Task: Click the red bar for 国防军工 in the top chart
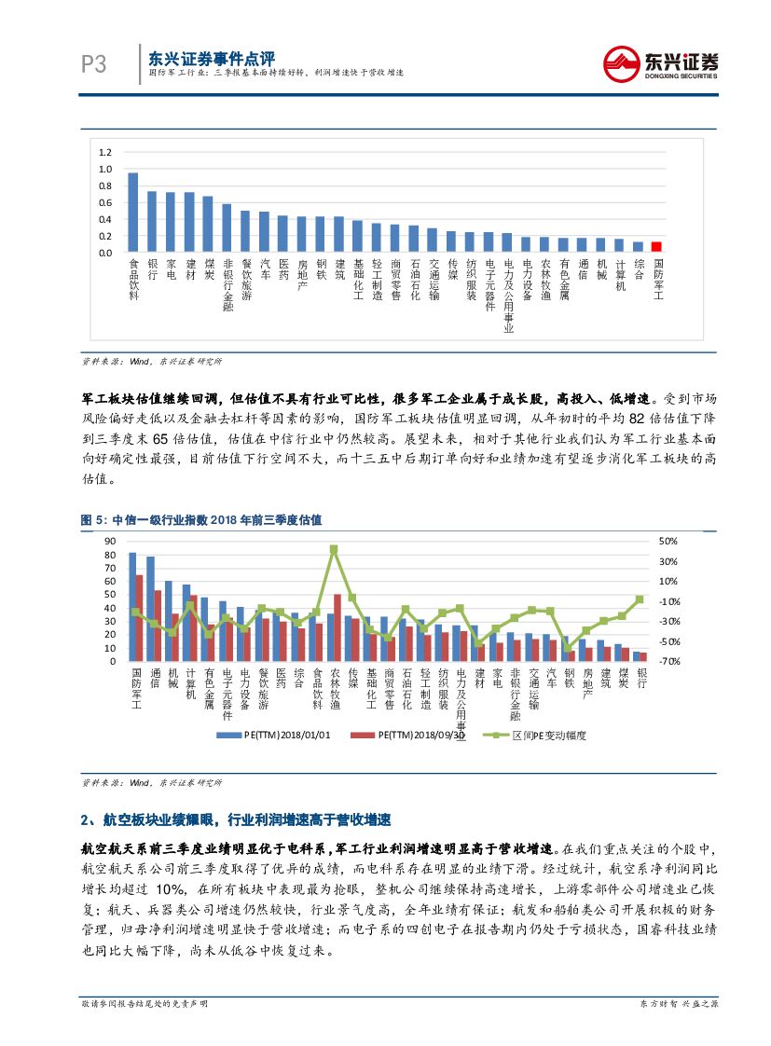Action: (x=656, y=246)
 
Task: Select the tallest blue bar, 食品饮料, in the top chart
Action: (x=133, y=213)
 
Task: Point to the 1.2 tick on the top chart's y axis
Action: (x=104, y=152)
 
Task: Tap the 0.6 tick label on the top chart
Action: (x=104, y=202)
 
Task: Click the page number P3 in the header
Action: (x=93, y=64)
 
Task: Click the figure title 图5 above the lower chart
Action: (x=200, y=519)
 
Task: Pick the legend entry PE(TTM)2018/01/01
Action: (x=275, y=735)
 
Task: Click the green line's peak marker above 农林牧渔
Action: (x=334, y=549)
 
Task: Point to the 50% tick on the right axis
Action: (x=668, y=542)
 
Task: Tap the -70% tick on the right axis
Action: (x=668, y=661)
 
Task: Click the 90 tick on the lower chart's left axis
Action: (x=110, y=542)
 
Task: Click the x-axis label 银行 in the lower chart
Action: (x=641, y=679)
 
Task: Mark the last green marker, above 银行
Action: (x=640, y=599)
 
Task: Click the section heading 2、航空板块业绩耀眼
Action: (x=237, y=820)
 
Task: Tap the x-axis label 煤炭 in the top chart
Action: (x=208, y=270)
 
